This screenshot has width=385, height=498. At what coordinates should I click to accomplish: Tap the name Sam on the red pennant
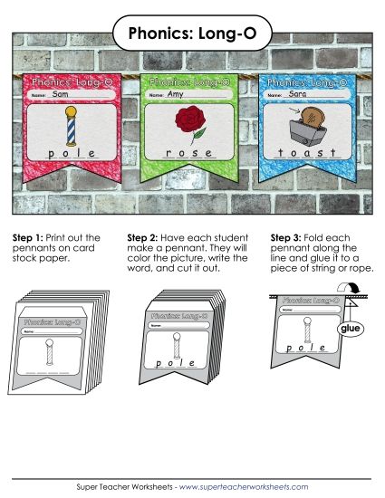coord(61,94)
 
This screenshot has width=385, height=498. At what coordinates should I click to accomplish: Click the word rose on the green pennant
coord(188,153)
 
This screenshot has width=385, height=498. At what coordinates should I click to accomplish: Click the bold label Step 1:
coord(28,237)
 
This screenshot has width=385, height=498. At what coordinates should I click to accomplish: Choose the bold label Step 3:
coord(287,237)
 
